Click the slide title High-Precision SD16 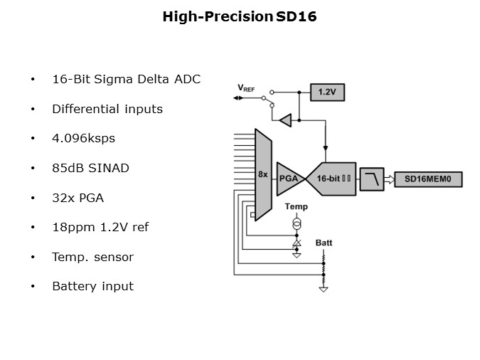click(x=240, y=16)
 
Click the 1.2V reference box click(x=326, y=92)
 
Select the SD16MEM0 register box click(x=428, y=179)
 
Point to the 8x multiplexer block click(x=262, y=174)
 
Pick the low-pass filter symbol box click(x=371, y=179)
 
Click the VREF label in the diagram click(x=245, y=88)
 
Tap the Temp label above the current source click(x=296, y=206)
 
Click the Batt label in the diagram click(x=324, y=243)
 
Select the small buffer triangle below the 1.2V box click(x=285, y=120)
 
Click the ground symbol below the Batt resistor click(x=324, y=289)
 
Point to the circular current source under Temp click(x=297, y=224)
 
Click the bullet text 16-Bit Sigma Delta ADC click(x=126, y=79)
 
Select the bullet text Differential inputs click(x=107, y=109)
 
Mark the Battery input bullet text click(x=92, y=286)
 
